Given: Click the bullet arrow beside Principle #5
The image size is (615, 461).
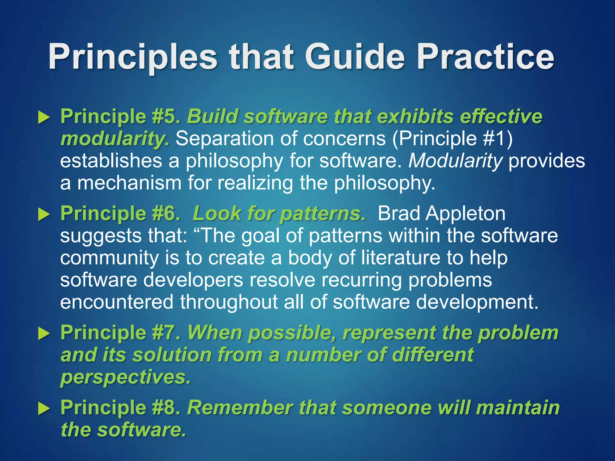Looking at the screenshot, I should point(44,117).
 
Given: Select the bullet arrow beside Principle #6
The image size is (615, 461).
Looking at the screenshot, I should point(44,215).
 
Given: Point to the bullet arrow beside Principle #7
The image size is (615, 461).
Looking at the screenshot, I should point(44,334).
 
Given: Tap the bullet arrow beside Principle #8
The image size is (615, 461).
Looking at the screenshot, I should point(44,409).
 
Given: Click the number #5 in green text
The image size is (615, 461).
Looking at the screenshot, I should point(166,116).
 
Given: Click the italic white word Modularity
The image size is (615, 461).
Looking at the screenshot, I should point(455,161).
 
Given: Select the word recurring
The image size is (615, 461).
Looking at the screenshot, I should point(362,280).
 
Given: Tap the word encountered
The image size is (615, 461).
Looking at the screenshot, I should point(117,302).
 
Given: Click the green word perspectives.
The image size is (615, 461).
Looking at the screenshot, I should point(126,378).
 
